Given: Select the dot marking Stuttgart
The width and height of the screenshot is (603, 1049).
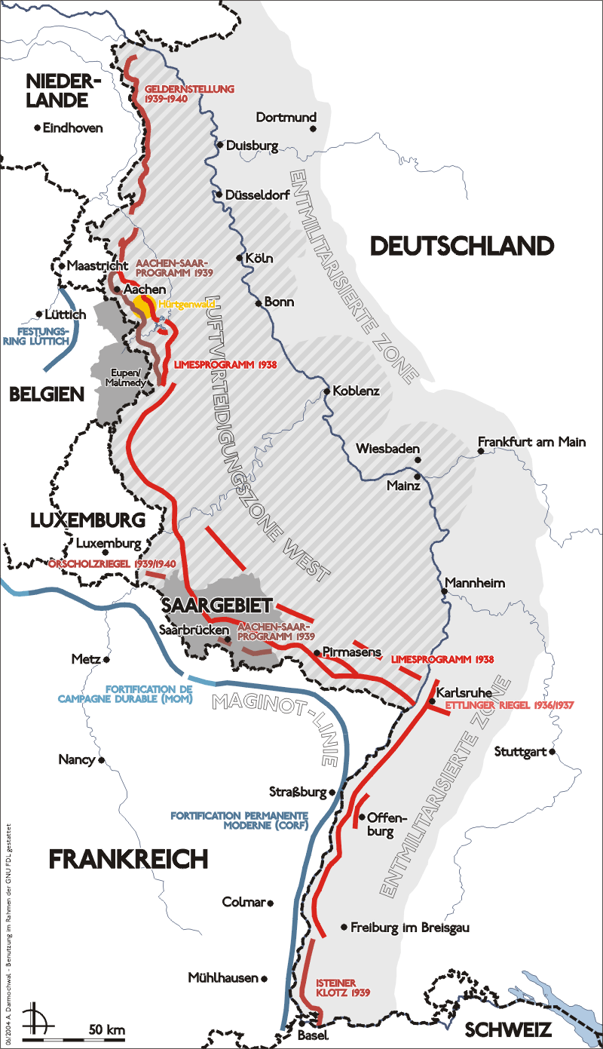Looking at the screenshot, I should [x=552, y=752].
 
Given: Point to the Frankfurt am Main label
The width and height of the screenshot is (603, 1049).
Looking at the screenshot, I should [x=532, y=442].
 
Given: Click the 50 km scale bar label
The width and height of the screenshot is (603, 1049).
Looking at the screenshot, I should [x=106, y=1029].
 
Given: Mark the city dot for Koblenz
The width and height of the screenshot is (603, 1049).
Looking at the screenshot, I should [x=326, y=391].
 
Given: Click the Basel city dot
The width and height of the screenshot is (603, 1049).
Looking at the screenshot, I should [x=319, y=1023].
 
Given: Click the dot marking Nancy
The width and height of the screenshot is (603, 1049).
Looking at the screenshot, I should [x=101, y=759].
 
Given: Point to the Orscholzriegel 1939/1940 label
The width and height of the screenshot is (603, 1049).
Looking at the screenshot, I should [x=112, y=563].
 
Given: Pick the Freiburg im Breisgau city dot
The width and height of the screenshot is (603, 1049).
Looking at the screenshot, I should [x=344, y=927].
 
